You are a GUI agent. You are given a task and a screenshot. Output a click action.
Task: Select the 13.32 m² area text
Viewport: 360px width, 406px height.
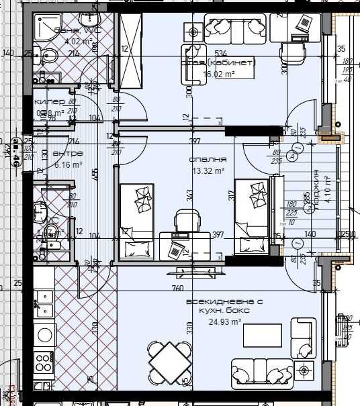tap(207, 170)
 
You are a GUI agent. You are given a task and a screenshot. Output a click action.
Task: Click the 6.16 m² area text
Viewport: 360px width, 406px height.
tap(68, 164)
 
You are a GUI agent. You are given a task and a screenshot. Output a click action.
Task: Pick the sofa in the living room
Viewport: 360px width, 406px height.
tap(261, 370)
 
